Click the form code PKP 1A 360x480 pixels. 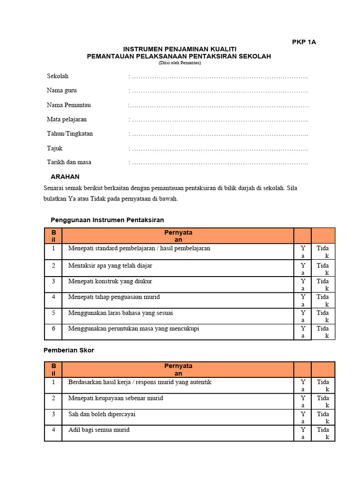(x=304, y=42)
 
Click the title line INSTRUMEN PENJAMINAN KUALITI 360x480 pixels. (x=180, y=49)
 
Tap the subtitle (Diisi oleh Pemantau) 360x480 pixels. (x=180, y=63)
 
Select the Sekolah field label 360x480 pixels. (x=58, y=76)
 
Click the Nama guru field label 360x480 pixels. (x=62, y=90)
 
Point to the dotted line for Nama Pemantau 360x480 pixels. (x=218, y=105)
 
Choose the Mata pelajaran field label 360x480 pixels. (x=67, y=119)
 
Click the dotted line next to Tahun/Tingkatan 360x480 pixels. (x=218, y=134)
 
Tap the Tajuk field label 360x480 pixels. (x=55, y=148)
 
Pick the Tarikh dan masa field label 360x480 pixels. (x=69, y=162)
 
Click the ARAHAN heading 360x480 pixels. (x=65, y=177)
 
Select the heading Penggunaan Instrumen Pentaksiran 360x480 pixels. (x=107, y=220)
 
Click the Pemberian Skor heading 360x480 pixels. (x=69, y=350)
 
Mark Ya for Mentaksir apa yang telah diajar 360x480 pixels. (x=303, y=269)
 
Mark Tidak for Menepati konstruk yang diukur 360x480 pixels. (x=323, y=285)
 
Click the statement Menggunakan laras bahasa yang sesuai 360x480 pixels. (x=124, y=313)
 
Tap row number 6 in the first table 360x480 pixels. (x=53, y=329)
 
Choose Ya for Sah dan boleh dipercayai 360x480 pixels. (x=303, y=418)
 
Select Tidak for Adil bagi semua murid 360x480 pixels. (x=323, y=433)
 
